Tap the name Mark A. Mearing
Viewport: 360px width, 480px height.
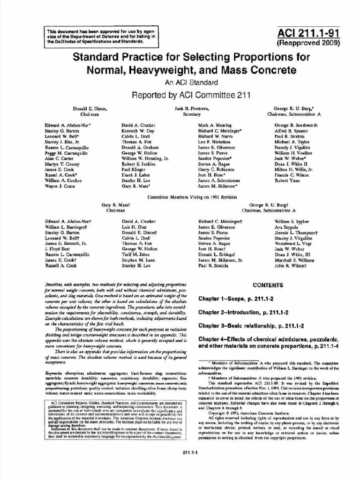(215, 126)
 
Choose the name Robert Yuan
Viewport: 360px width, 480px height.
(287, 180)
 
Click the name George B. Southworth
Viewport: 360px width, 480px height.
(296, 126)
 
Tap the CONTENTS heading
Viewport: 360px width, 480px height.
(268, 285)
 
